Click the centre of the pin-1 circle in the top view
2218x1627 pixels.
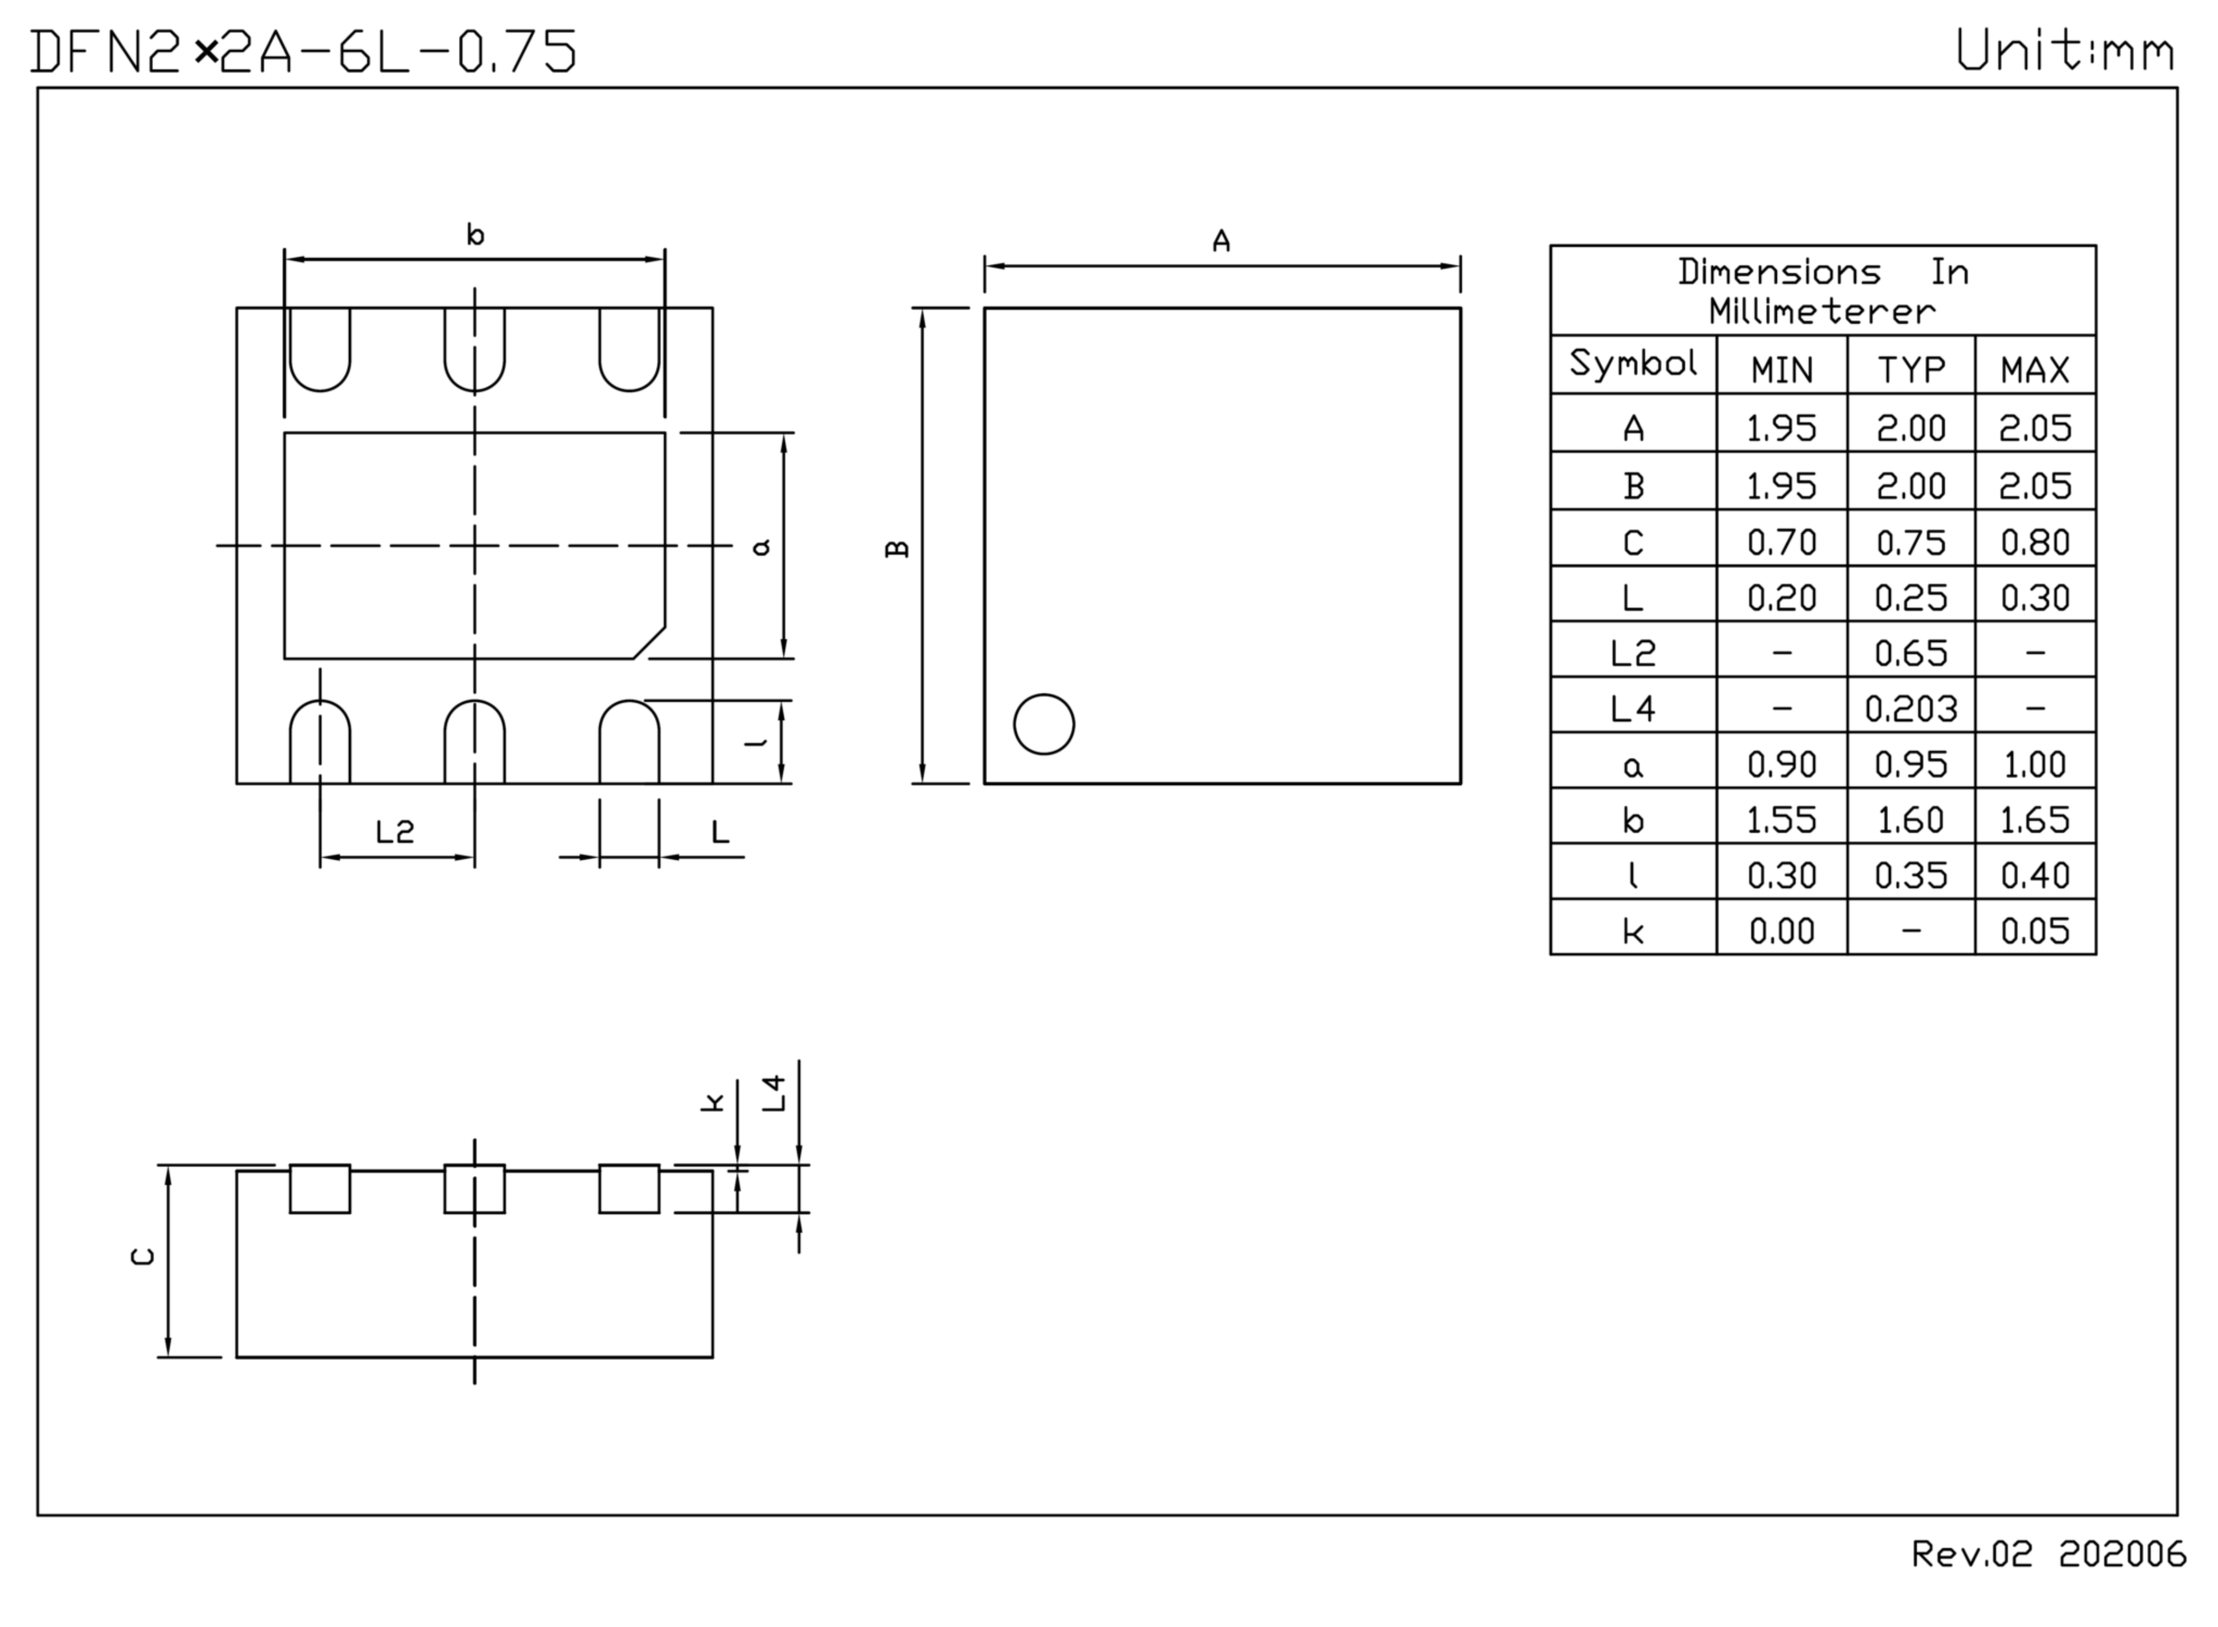click(x=1044, y=725)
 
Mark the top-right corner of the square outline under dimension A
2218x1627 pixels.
click(x=1461, y=308)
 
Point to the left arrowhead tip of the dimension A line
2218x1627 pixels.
click(x=986, y=266)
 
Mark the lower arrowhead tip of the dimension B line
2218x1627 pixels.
click(x=923, y=783)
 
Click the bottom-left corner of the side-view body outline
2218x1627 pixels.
click(x=236, y=1357)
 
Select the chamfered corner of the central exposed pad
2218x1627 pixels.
click(x=649, y=642)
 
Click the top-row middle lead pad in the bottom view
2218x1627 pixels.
click(x=475, y=350)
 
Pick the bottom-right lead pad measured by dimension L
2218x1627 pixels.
click(x=629, y=741)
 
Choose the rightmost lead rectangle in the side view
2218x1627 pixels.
click(x=629, y=1189)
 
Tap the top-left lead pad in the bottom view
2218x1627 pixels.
click(x=320, y=350)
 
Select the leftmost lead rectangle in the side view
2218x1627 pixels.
click(x=320, y=1189)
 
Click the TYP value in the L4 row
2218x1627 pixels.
click(x=1911, y=708)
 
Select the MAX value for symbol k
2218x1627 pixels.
click(x=2035, y=931)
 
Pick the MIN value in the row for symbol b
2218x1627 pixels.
click(x=1782, y=820)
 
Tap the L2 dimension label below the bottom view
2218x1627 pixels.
click(x=395, y=832)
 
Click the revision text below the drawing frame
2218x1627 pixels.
click(x=2048, y=1553)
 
